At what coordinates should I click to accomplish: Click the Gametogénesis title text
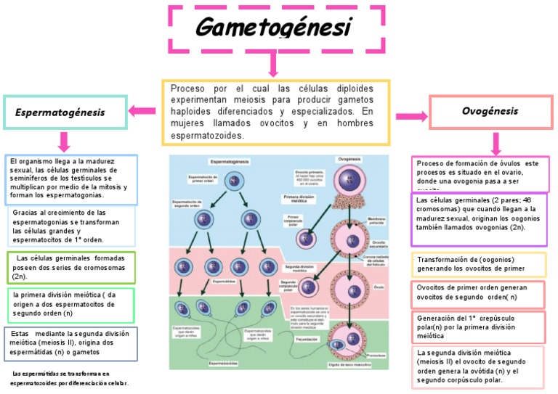coord(274,28)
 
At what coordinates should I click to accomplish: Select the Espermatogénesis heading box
coord(65,112)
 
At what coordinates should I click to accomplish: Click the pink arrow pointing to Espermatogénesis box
coord(143,111)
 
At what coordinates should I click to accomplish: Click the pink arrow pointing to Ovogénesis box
coord(411,115)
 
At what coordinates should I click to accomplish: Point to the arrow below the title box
coord(273,65)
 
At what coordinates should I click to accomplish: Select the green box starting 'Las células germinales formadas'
coord(71,267)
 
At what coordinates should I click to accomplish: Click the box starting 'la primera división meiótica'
coord(71,305)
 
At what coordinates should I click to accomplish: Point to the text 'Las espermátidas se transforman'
coord(70,378)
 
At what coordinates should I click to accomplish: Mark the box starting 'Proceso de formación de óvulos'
coord(480,173)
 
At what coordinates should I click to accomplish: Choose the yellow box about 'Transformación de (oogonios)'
coord(480,264)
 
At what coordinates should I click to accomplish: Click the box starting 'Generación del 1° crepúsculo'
coord(480,327)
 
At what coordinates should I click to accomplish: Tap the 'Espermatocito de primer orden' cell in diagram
coord(234,180)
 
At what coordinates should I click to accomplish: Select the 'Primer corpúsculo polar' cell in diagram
coord(306,237)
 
